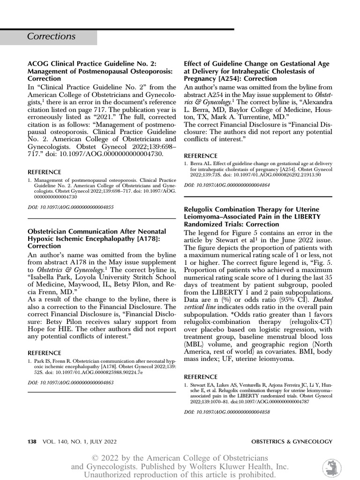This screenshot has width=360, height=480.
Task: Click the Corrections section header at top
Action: [51, 37]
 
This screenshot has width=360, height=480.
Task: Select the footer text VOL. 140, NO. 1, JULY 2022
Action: [79, 442]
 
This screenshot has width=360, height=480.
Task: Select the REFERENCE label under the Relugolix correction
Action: [201, 377]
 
